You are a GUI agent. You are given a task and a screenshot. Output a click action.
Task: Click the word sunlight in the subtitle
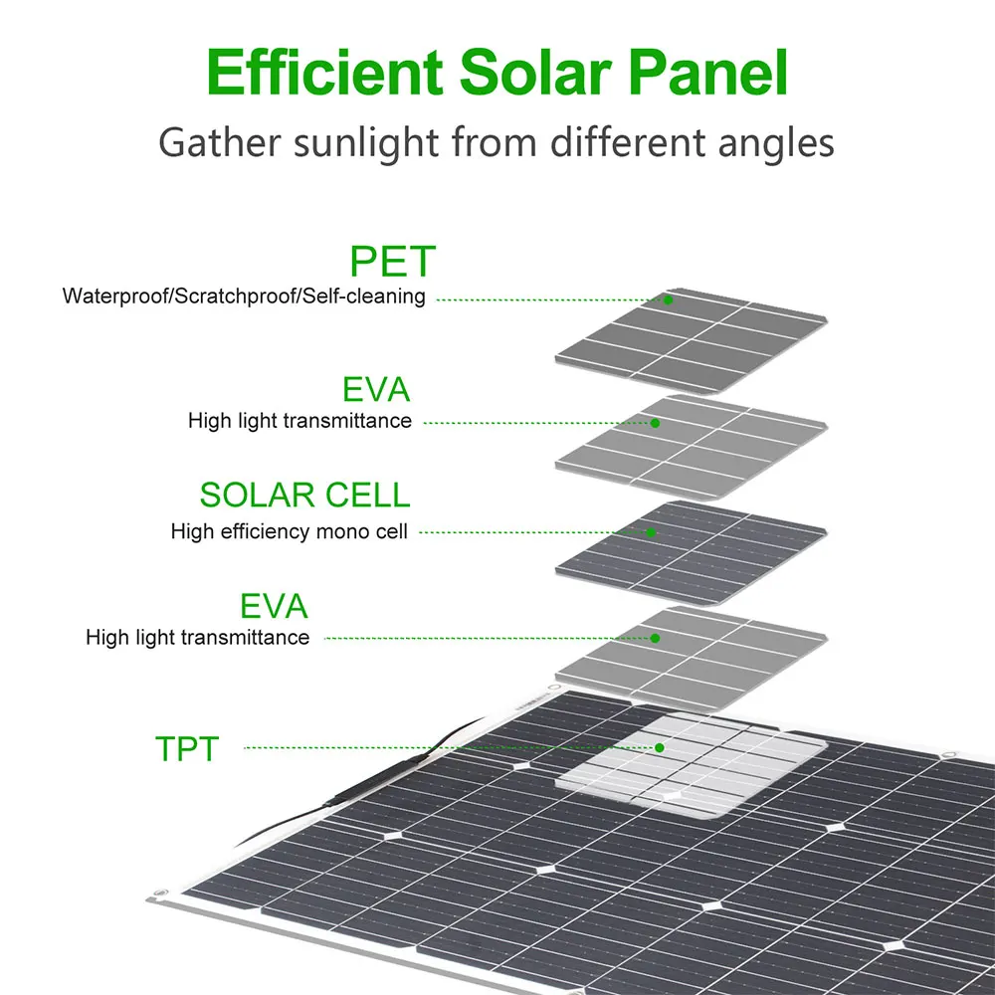point(363,142)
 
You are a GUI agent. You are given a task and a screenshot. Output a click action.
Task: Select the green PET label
point(393,262)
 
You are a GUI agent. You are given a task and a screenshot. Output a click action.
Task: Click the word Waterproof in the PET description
point(107,297)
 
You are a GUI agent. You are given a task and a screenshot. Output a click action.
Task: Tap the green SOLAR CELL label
point(304,495)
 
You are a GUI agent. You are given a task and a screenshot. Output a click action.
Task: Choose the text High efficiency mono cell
point(289,532)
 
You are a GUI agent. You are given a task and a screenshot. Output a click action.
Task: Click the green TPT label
point(186,749)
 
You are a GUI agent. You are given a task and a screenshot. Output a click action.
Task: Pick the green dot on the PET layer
point(669,299)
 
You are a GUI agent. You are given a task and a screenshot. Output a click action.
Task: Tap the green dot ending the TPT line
point(659,747)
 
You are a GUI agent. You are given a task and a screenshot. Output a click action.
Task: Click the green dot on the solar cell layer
point(651,532)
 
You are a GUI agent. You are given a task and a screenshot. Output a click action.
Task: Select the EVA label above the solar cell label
point(376,389)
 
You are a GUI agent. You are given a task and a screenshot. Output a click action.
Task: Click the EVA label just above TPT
point(274,606)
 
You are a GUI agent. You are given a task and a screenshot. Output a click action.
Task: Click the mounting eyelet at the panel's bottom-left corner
point(156,900)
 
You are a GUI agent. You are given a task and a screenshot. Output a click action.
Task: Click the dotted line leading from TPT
point(448,747)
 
